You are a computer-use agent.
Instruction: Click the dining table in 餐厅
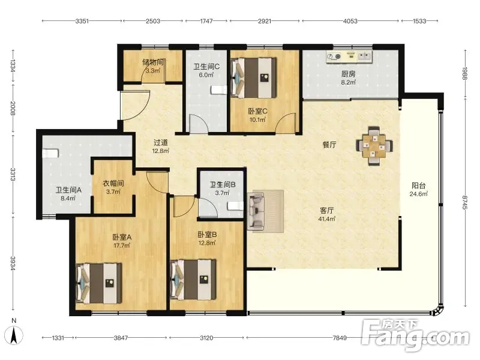374,146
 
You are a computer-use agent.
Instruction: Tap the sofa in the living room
257,211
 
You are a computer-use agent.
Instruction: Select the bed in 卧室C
254,78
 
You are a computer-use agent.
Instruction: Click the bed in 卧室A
98,283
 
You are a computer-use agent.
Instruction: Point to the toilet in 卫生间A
50,153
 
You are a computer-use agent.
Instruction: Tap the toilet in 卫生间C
219,90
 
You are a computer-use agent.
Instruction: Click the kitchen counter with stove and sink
349,56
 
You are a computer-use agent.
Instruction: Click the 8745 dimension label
465,202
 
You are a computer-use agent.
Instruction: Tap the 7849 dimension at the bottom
340,338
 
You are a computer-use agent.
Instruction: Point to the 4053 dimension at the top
350,21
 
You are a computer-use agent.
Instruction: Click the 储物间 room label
153,62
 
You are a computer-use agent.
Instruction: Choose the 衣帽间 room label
113,184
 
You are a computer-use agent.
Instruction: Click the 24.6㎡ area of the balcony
418,194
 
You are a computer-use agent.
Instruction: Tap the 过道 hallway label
161,143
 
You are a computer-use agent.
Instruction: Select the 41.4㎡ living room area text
326,219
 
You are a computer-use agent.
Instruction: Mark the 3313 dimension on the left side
13,175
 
